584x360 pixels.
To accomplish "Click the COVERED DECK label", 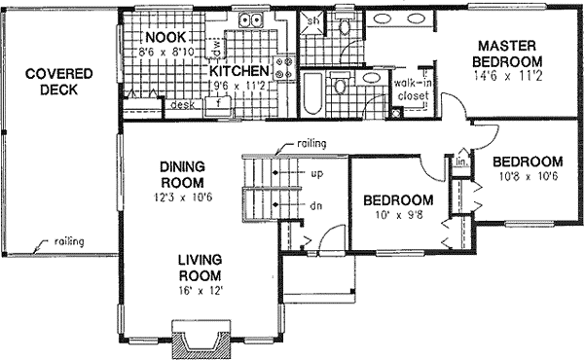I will pos(52,82).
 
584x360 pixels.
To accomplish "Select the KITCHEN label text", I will pos(237,72).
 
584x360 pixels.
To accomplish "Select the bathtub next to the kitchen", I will pos(312,96).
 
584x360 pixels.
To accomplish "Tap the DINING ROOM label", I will pos(182,174).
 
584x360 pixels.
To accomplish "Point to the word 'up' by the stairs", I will pos(315,175).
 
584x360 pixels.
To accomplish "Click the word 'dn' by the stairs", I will pos(315,205).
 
